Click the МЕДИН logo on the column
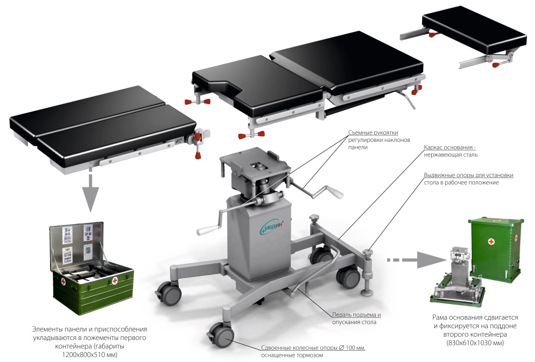click(x=273, y=226)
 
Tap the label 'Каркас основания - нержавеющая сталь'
click(x=450, y=151)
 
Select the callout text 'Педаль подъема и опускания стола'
click(x=356, y=318)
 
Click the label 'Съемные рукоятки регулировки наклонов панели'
click(x=379, y=140)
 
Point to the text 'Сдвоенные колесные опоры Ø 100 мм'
click(x=313, y=347)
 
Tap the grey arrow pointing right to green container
click(x=415, y=260)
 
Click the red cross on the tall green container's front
click(x=491, y=242)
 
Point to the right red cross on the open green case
click(x=115, y=281)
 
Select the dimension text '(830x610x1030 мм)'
click(x=475, y=342)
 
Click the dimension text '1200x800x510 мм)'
click(x=89, y=355)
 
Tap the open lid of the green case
click(x=76, y=244)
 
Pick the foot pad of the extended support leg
click(x=367, y=293)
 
